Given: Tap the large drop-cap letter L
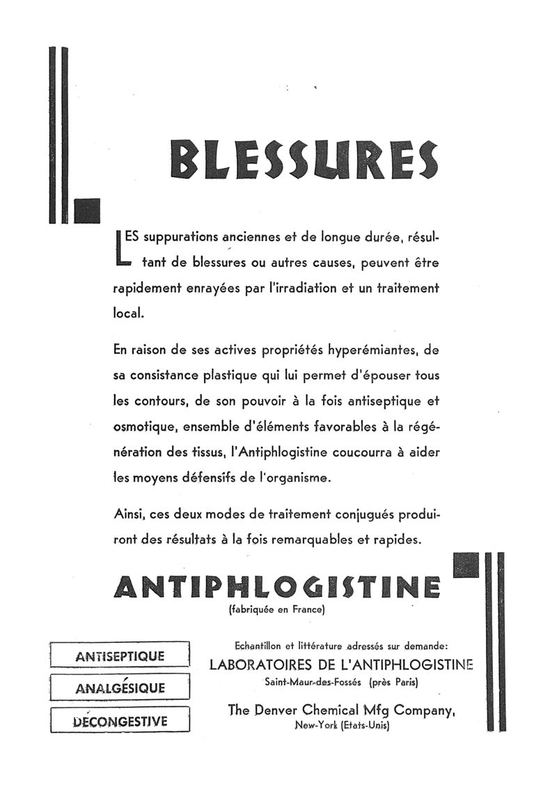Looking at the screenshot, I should [x=121, y=247].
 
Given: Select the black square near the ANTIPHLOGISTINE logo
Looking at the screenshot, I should [x=465, y=565].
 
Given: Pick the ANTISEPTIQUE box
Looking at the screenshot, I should [x=120, y=656].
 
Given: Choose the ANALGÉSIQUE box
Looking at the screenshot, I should [x=120, y=688].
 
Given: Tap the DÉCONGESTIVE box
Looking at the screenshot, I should [x=120, y=720].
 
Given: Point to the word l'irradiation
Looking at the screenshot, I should [x=313, y=288].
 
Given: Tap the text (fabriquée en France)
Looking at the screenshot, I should [x=276, y=611].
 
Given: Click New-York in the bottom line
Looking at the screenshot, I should [x=316, y=726].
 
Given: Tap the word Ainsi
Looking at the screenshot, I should [x=127, y=515].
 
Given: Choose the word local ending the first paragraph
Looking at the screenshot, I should [x=127, y=313].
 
